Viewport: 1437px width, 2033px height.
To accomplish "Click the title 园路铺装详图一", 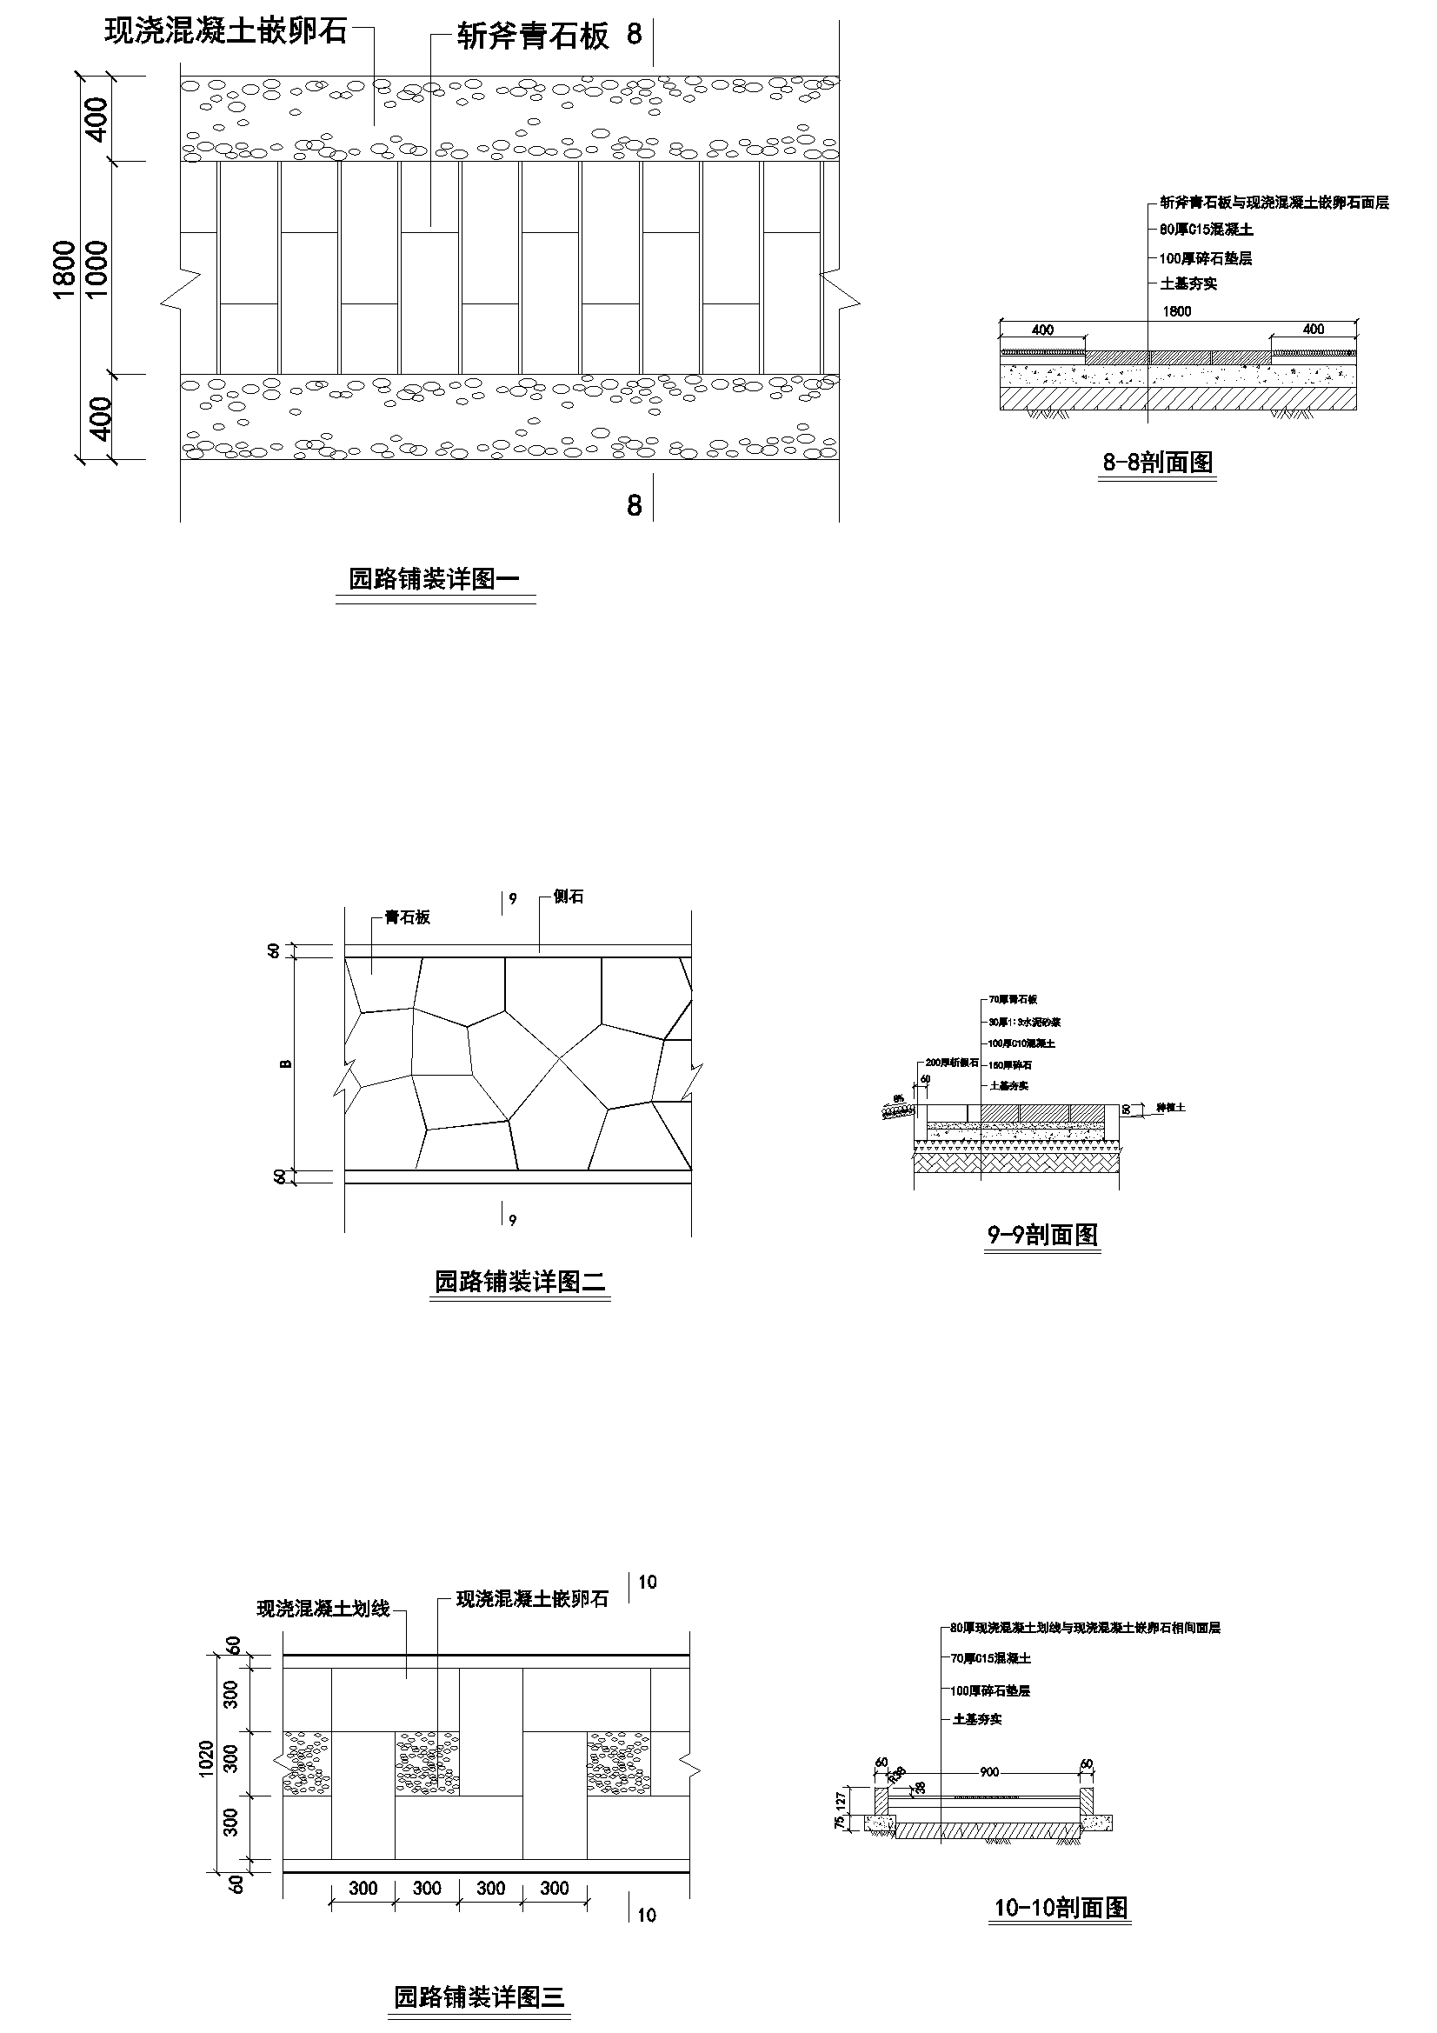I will (x=434, y=580).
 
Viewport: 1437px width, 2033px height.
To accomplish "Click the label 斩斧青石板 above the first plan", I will (x=533, y=37).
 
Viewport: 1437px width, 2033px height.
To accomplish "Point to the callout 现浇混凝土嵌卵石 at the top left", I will (x=226, y=32).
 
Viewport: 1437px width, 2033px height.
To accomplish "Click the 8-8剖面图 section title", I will (x=1157, y=463).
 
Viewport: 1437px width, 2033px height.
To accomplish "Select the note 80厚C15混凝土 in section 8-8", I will (x=1207, y=230).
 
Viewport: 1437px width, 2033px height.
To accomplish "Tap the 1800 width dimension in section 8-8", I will (x=1177, y=311).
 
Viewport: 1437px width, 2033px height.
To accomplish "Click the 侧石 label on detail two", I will (x=569, y=897).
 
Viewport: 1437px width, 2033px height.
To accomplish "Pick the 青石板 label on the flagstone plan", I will (x=408, y=917).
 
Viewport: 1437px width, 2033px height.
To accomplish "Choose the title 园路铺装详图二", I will (x=520, y=1281).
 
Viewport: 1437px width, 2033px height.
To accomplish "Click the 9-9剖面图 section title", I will (x=1042, y=1235).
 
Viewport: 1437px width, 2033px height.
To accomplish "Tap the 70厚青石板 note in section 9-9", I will (x=1013, y=1000).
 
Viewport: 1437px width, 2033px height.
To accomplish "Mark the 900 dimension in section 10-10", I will (x=989, y=1772).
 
